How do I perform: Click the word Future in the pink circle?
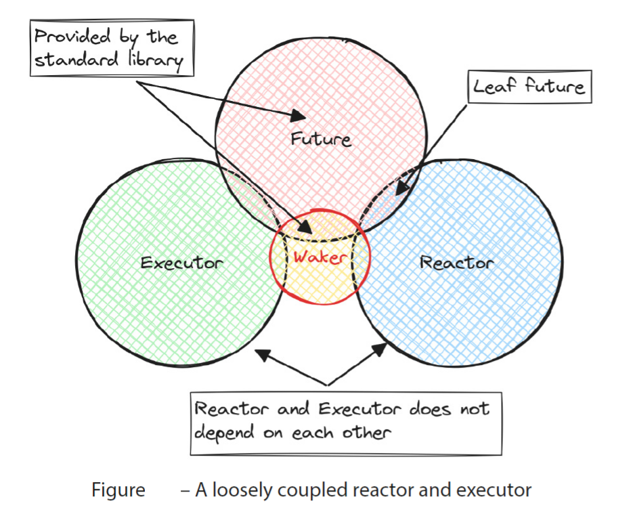(x=321, y=139)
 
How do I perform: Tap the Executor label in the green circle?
(x=181, y=262)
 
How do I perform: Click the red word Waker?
(x=320, y=257)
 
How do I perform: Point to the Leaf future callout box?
(x=529, y=87)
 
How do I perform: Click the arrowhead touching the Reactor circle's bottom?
(x=383, y=348)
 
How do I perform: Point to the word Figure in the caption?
(x=118, y=490)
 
